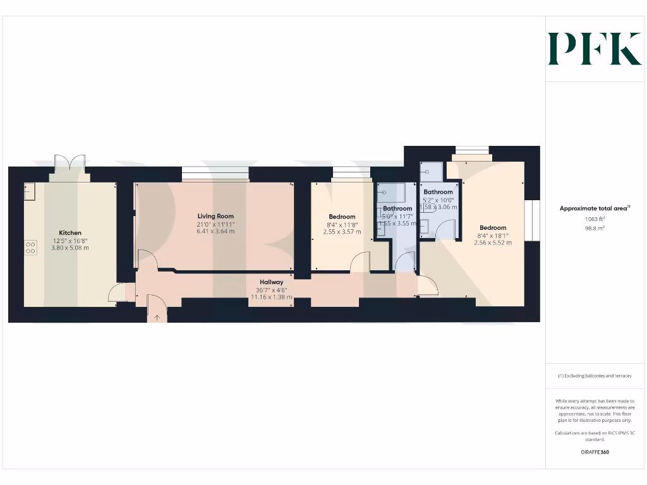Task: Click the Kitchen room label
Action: [70, 233]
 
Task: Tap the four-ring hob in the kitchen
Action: [30, 248]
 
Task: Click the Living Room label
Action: [215, 217]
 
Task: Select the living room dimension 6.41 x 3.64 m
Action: [215, 231]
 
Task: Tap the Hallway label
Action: [272, 282]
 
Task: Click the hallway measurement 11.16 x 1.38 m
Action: [272, 297]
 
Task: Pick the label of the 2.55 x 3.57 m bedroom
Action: [342, 217]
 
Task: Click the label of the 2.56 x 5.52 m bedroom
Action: [493, 228]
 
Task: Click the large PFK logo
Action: [595, 49]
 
